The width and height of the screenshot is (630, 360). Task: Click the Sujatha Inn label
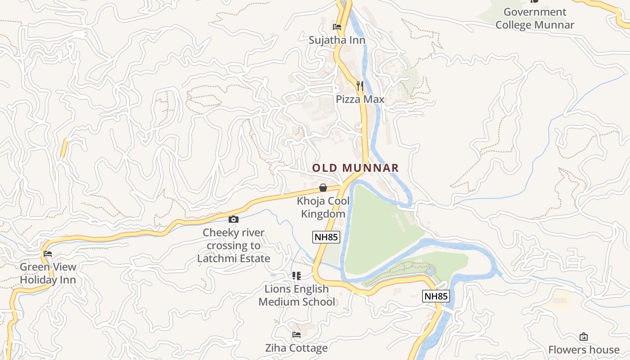[337, 40]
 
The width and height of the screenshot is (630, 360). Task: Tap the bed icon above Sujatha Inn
[337, 27]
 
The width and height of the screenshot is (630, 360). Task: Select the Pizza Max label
[360, 99]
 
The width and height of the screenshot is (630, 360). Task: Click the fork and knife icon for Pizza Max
[360, 85]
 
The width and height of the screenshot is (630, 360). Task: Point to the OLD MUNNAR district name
[355, 168]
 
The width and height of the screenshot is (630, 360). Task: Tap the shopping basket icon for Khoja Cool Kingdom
[323, 188]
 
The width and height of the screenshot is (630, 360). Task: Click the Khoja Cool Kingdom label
[323, 207]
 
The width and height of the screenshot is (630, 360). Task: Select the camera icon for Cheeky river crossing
[234, 219]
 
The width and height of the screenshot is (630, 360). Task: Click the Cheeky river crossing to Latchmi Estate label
[234, 245]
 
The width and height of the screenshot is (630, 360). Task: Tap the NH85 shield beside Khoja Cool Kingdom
[326, 237]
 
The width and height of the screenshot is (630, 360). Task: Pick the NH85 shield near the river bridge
[436, 296]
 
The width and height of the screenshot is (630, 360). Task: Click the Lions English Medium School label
[297, 295]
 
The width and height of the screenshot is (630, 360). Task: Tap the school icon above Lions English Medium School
[297, 275]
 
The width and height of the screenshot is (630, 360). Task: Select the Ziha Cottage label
[297, 348]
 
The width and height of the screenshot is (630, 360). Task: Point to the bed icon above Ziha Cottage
[297, 335]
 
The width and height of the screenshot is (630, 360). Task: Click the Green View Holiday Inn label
[48, 273]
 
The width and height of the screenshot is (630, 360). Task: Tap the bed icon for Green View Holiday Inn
[48, 254]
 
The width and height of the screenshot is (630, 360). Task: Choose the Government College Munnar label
[535, 18]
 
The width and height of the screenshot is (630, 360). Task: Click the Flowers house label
[584, 350]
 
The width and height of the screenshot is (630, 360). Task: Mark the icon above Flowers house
[584, 337]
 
